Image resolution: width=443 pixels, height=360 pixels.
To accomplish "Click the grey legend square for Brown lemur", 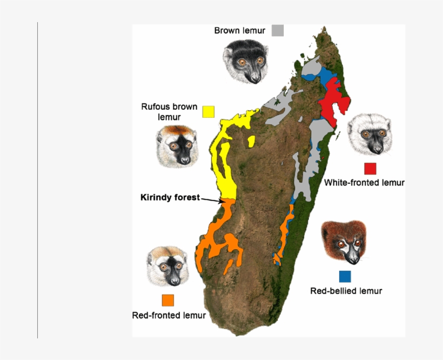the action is [278, 30].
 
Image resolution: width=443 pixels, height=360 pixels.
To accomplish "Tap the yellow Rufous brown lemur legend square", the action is [208, 111].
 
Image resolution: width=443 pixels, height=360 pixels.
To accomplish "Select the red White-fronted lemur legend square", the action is [370, 168].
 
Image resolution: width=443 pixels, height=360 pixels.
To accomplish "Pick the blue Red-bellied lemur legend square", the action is [345, 276].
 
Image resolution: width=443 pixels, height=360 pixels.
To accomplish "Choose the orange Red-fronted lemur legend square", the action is [168, 300].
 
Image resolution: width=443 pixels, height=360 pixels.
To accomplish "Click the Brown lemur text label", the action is [239, 31].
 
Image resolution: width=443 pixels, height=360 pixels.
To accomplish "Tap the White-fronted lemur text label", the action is [364, 183].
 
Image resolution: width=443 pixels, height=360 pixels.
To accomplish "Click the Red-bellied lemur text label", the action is [346, 291].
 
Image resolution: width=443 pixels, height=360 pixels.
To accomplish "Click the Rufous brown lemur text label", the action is [169, 111].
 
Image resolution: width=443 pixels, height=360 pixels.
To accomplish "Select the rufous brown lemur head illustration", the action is [177, 145].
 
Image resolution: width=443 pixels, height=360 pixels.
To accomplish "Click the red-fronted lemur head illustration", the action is [168, 266].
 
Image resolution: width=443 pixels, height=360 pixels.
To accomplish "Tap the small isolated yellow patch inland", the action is [251, 142].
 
